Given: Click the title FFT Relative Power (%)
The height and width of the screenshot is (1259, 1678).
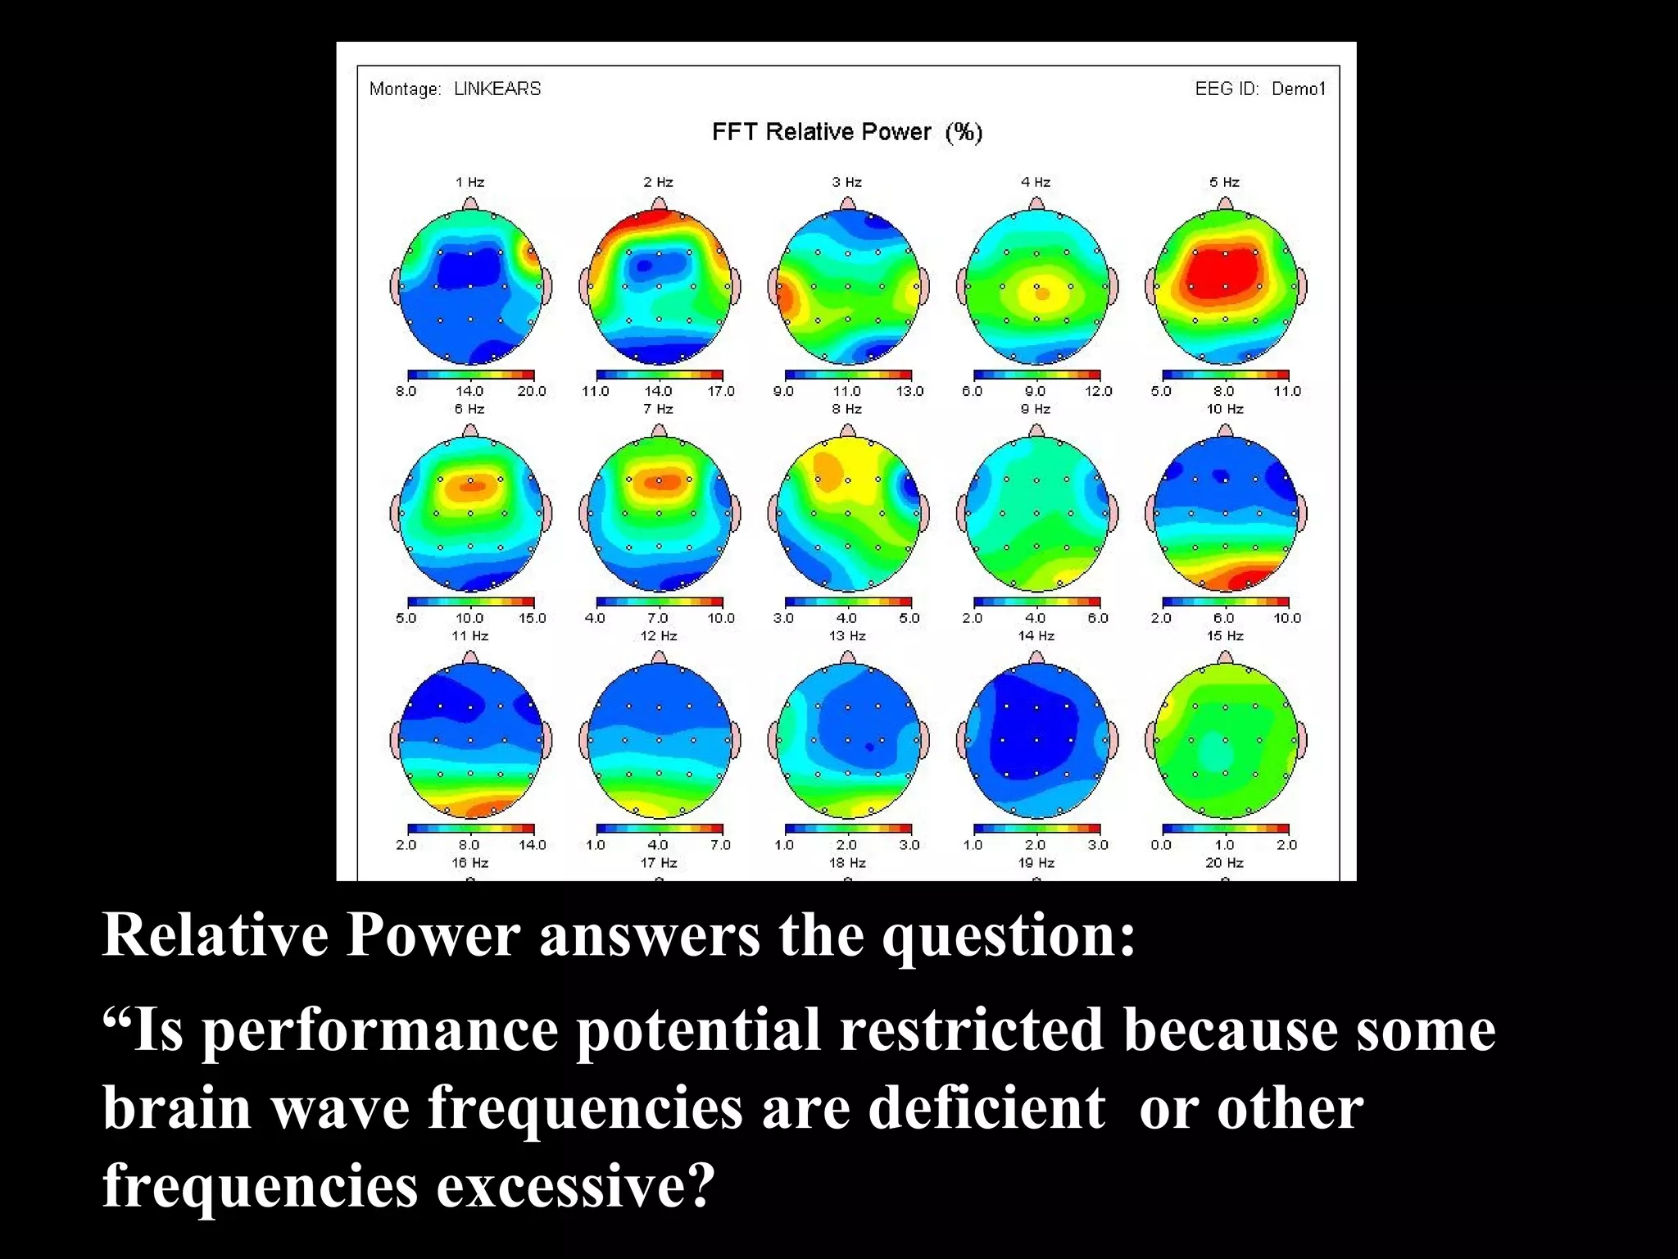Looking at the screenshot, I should [846, 132].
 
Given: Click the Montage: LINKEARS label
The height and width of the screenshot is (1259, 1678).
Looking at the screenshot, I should [455, 89].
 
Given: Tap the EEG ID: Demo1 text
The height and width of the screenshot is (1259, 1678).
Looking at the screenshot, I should [1259, 89].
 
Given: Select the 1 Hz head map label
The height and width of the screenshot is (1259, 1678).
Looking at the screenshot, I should [469, 182].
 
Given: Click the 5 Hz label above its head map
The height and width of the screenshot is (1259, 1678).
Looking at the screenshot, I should [1224, 182].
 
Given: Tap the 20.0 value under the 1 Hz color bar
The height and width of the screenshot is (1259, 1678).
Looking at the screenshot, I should [531, 391].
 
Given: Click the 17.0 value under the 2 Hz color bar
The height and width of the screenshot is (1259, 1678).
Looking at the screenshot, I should [720, 391].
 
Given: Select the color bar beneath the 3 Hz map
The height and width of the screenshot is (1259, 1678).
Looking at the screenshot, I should [847, 375].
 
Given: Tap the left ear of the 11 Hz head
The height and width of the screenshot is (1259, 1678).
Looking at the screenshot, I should [395, 740].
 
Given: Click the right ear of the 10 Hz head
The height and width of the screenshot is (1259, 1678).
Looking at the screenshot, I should [1303, 514].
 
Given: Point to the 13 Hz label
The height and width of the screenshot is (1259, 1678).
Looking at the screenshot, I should [846, 636].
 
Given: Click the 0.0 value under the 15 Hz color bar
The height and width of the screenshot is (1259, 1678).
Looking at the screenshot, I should [1161, 845].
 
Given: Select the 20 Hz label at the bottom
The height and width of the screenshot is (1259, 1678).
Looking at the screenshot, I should [1224, 863].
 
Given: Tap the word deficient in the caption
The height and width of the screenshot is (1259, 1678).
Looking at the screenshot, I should [986, 1108].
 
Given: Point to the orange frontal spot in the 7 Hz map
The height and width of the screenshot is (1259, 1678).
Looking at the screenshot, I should [660, 482].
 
